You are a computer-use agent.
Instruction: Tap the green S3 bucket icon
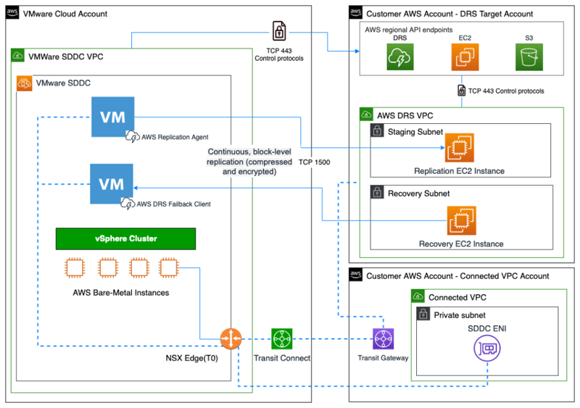529,57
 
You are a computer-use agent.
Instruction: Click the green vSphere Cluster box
125,238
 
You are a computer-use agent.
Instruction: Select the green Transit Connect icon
282,338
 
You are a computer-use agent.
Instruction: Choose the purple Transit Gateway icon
382,338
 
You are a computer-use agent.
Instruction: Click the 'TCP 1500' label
314,162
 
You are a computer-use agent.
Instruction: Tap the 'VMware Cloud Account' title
65,14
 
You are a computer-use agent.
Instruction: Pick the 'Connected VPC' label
457,297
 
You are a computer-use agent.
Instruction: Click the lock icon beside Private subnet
423,315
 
